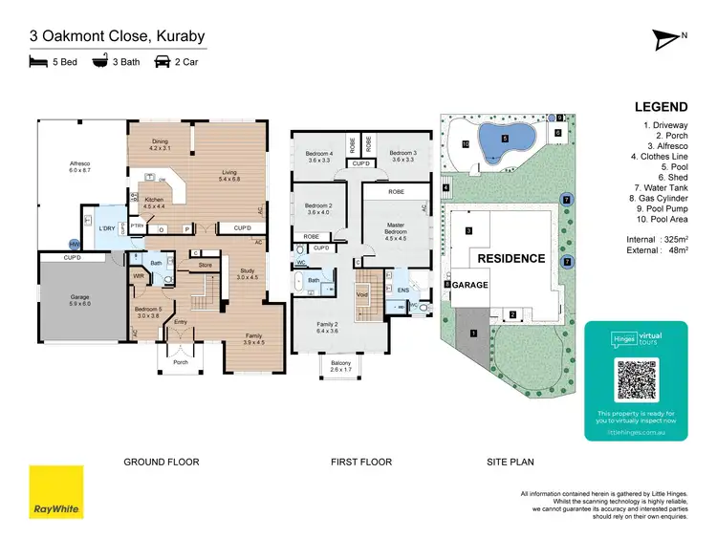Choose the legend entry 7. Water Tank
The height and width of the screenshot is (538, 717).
tap(659, 187)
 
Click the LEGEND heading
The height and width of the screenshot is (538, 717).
tap(661, 108)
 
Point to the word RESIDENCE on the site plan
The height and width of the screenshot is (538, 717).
tap(511, 259)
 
